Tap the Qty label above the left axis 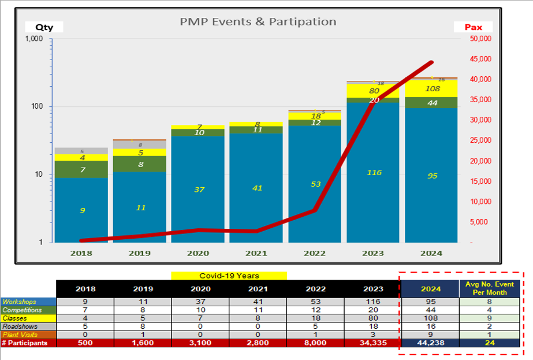[43, 27]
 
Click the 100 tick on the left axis [37, 107]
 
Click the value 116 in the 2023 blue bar [374, 172]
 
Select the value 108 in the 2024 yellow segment [432, 88]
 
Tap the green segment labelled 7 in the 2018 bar [82, 169]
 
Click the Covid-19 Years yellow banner [229, 276]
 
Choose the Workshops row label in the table [28, 301]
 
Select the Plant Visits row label [28, 334]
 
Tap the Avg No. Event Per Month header [486, 288]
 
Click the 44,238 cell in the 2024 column [430, 343]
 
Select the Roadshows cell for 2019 [143, 326]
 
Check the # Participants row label [28, 343]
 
